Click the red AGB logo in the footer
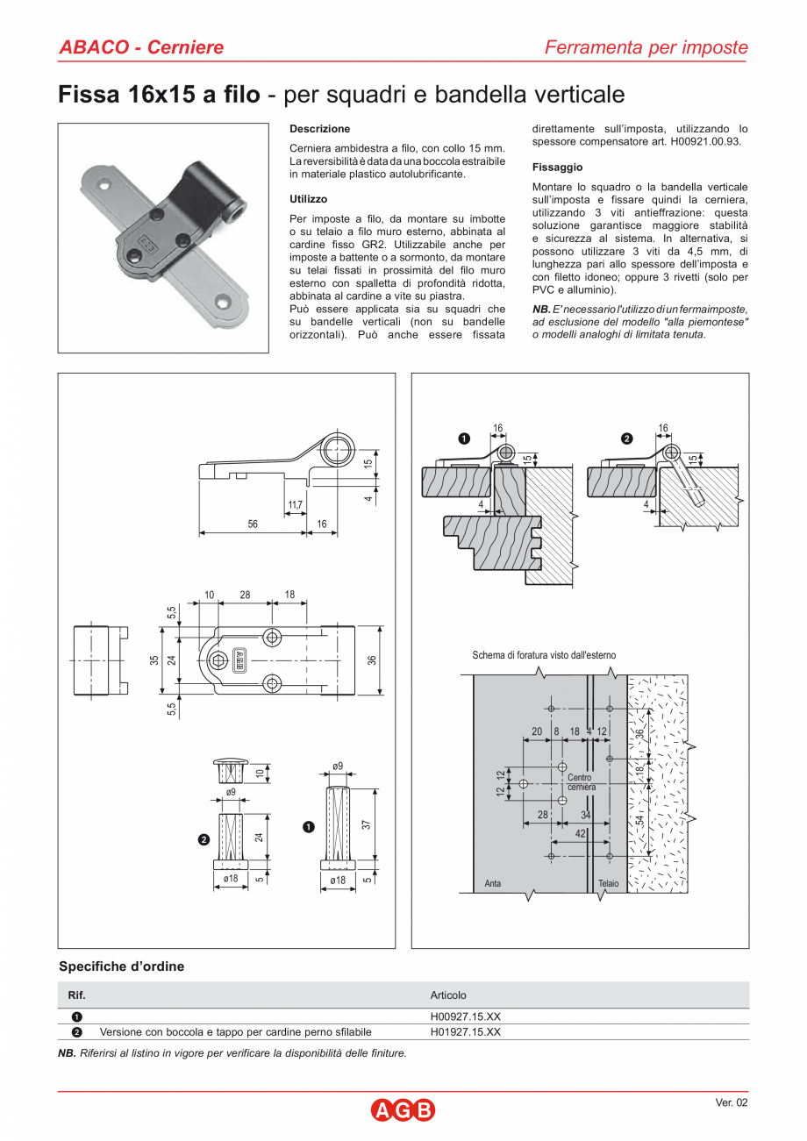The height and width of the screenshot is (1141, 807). [403, 1110]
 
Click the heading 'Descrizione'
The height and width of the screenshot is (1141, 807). [319, 129]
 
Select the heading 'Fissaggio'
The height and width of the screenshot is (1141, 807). [557, 167]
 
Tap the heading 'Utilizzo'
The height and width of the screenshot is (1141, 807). [308, 199]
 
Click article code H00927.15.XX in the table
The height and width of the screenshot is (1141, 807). [465, 1016]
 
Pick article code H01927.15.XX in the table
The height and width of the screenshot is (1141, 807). [465, 1032]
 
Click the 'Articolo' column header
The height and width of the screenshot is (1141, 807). [448, 995]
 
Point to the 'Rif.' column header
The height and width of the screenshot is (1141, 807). [77, 995]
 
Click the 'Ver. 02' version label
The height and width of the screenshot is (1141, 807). [732, 1103]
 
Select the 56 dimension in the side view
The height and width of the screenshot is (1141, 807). [253, 524]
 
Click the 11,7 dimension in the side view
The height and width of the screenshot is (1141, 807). [295, 505]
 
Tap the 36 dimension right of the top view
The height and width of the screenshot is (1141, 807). [372, 660]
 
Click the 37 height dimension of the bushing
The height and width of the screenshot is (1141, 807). [367, 824]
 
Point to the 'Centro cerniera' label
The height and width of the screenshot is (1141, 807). [580, 782]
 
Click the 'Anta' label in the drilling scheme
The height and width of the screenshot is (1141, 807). [493, 883]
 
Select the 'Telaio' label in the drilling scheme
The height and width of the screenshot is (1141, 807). [608, 883]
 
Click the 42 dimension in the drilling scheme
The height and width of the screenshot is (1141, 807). [580, 835]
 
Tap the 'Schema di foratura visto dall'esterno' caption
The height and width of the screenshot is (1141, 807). [544, 655]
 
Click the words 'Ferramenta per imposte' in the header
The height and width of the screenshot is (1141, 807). [646, 47]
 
